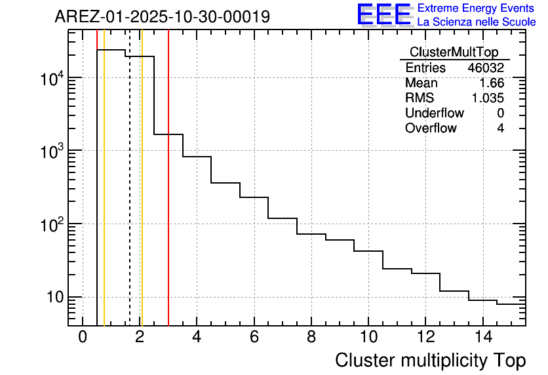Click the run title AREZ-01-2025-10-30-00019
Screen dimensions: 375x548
point(162,17)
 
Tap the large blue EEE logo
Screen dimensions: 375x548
point(384,14)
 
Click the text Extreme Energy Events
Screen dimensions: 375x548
point(477,9)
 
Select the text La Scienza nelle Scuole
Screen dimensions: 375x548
point(477,22)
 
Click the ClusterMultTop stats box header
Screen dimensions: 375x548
point(454,52)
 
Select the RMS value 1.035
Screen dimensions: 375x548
point(488,98)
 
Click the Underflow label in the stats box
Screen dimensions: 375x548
point(435,113)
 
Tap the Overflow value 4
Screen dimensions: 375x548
point(500,128)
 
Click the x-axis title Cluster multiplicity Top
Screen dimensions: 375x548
point(430,361)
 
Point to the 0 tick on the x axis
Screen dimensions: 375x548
point(83,338)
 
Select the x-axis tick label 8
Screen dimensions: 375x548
point(311,338)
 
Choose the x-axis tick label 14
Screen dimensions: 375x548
point(483,338)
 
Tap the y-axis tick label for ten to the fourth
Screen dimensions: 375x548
point(50,78)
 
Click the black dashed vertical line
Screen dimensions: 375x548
point(130,197)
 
